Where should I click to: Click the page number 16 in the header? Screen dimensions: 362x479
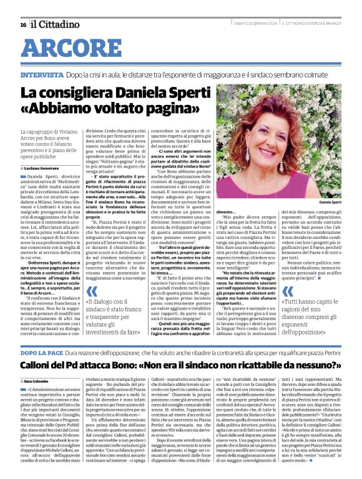point(22,25)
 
